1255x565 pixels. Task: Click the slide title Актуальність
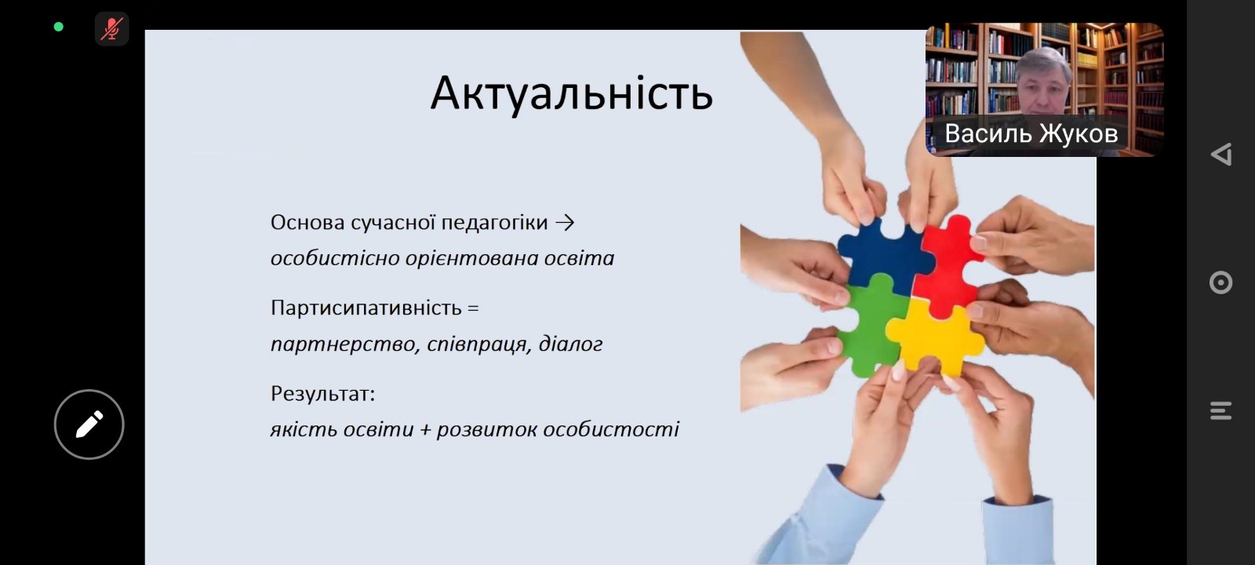[x=571, y=93]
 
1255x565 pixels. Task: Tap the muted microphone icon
[x=111, y=29]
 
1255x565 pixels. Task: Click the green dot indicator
[x=58, y=27]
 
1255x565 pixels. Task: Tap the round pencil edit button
[x=89, y=425]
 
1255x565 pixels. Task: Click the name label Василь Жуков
[x=1031, y=133]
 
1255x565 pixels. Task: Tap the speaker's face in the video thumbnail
[x=1044, y=82]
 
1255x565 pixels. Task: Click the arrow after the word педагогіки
[x=565, y=223]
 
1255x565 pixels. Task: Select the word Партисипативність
[x=366, y=308]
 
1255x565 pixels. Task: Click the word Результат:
[x=322, y=393]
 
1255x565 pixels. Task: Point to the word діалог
[x=570, y=344]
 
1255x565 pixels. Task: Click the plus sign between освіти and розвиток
[x=425, y=430]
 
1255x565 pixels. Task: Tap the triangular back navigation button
[x=1220, y=154]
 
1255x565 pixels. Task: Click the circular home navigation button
[x=1220, y=282]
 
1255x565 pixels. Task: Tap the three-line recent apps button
[x=1220, y=410]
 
